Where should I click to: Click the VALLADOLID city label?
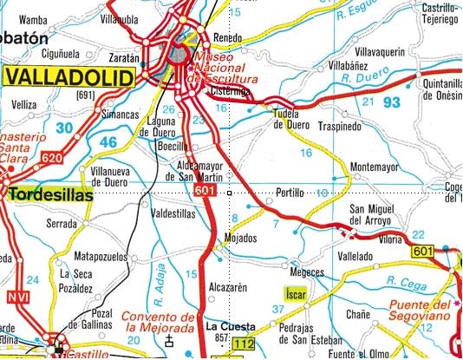[70, 77]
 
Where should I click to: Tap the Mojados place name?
[239, 238]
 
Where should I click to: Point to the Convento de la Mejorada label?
[163, 322]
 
